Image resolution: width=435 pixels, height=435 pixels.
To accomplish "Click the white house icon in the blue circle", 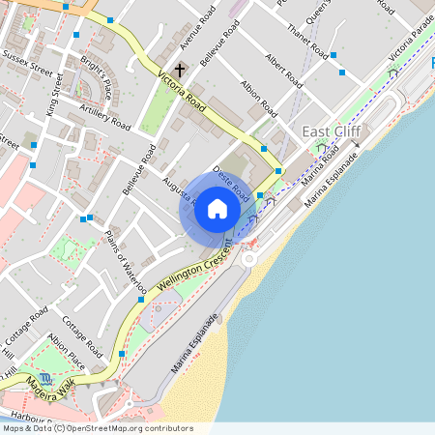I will point(217,208).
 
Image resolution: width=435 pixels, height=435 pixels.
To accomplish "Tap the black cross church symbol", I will point(179,71).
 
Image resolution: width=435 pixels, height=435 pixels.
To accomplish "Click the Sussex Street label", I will point(27,71).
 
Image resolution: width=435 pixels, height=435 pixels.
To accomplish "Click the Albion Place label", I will point(66,349).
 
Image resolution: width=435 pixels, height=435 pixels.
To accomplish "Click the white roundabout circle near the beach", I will point(250,258).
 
